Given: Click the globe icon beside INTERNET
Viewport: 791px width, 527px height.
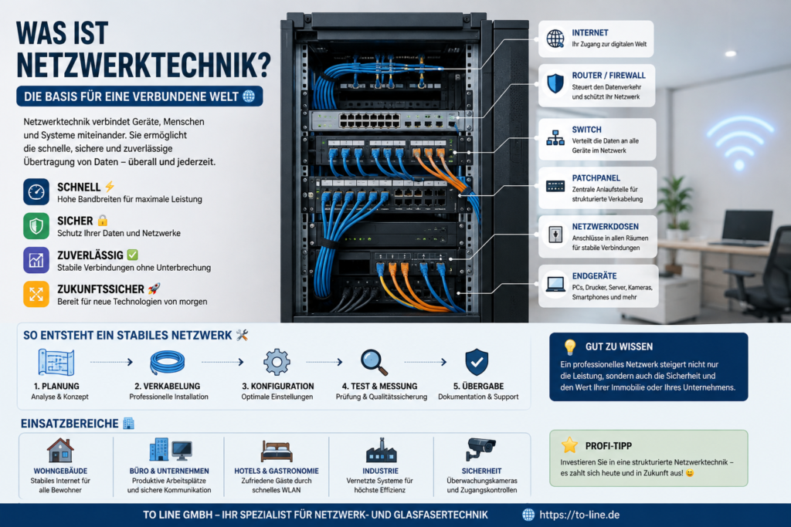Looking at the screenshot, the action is pyautogui.click(x=555, y=39).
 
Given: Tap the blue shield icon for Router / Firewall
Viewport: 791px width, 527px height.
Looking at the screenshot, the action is pyautogui.click(x=555, y=83).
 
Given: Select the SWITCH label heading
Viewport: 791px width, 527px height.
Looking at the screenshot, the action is pyautogui.click(x=586, y=130).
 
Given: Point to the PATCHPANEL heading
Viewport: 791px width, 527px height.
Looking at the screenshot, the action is pyautogui.click(x=596, y=177).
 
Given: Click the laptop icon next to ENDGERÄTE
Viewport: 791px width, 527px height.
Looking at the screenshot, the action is pyautogui.click(x=555, y=285).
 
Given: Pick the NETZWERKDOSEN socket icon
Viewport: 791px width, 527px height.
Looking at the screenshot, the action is pyautogui.click(x=555, y=235).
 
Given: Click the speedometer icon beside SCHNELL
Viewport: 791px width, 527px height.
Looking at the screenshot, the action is pyautogui.click(x=36, y=192).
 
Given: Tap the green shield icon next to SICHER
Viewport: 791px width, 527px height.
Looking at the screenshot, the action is pyautogui.click(x=36, y=226).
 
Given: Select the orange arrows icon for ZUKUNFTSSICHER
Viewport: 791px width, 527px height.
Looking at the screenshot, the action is pyautogui.click(x=36, y=294).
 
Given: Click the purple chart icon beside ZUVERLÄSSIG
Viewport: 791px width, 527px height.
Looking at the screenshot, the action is pyautogui.click(x=36, y=260).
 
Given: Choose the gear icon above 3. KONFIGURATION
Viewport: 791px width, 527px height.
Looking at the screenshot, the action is pyautogui.click(x=277, y=362).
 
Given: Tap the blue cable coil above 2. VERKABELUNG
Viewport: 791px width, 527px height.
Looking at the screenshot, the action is pyautogui.click(x=168, y=362).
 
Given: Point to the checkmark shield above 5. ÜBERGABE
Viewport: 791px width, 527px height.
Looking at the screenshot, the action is pyautogui.click(x=477, y=362).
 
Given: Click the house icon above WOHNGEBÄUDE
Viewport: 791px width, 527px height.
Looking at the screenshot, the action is pyautogui.click(x=60, y=450).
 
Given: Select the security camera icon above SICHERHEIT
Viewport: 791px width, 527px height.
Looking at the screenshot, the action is pyautogui.click(x=480, y=449).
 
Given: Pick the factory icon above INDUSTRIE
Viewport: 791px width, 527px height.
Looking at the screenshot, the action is pyautogui.click(x=381, y=450).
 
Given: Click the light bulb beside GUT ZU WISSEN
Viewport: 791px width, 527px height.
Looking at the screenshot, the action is pyautogui.click(x=570, y=346).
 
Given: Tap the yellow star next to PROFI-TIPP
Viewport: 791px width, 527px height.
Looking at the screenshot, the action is pyautogui.click(x=569, y=445).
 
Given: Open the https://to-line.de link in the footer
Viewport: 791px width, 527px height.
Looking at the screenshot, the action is pyautogui.click(x=579, y=515).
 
